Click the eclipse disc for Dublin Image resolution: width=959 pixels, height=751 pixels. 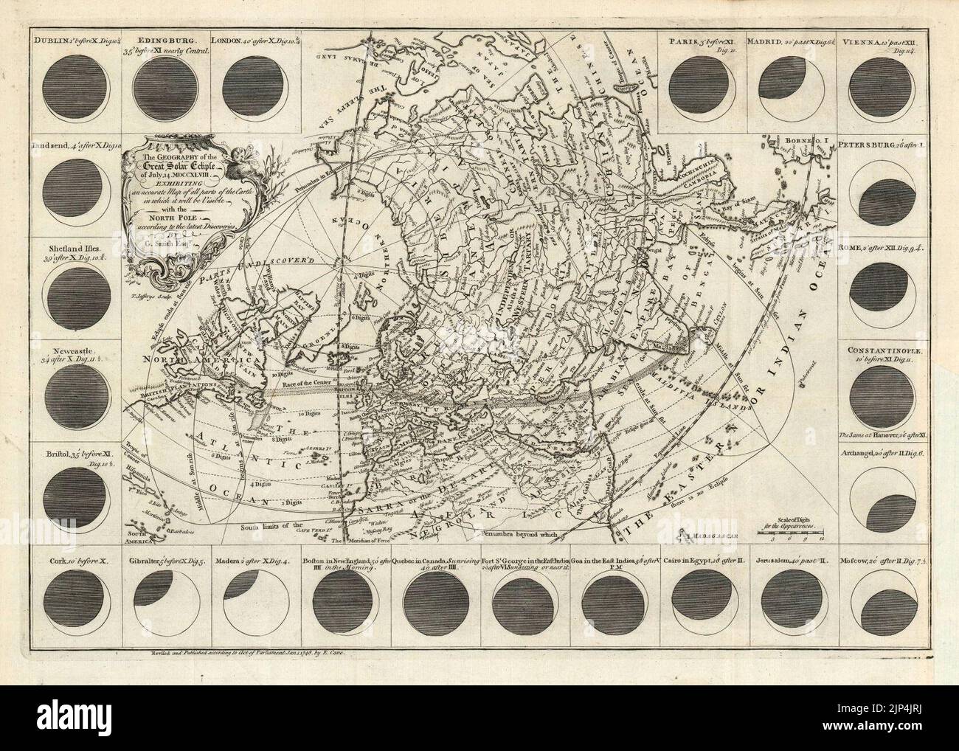point(73,83)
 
